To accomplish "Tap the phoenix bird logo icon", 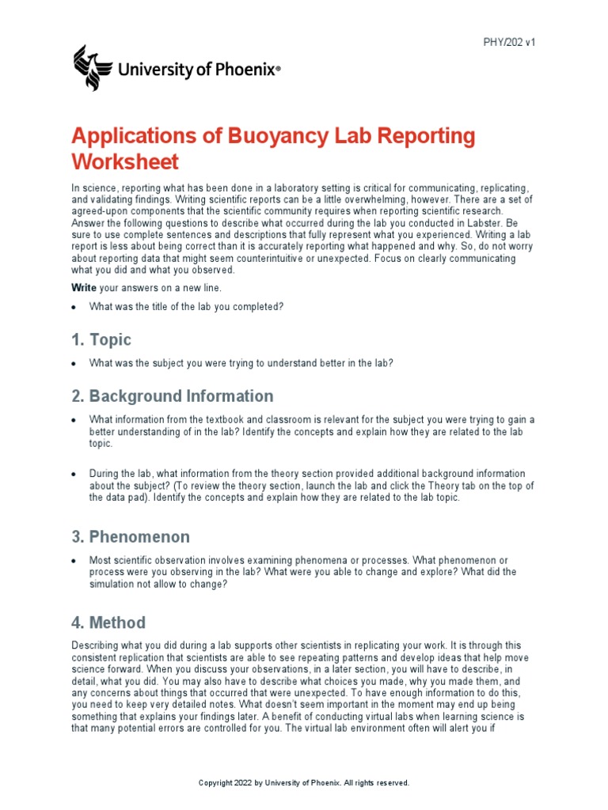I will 93,68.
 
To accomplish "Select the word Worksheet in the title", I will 125,162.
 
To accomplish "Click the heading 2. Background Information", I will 172,396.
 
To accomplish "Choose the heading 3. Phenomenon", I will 131,537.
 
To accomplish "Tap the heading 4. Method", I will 108,623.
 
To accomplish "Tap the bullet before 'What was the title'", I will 74,307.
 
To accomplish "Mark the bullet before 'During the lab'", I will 74,474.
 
